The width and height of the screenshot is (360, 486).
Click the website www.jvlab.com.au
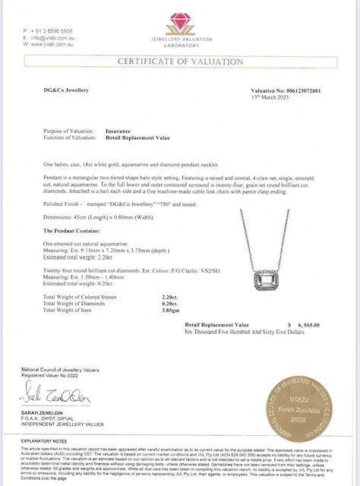click(x=44, y=43)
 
